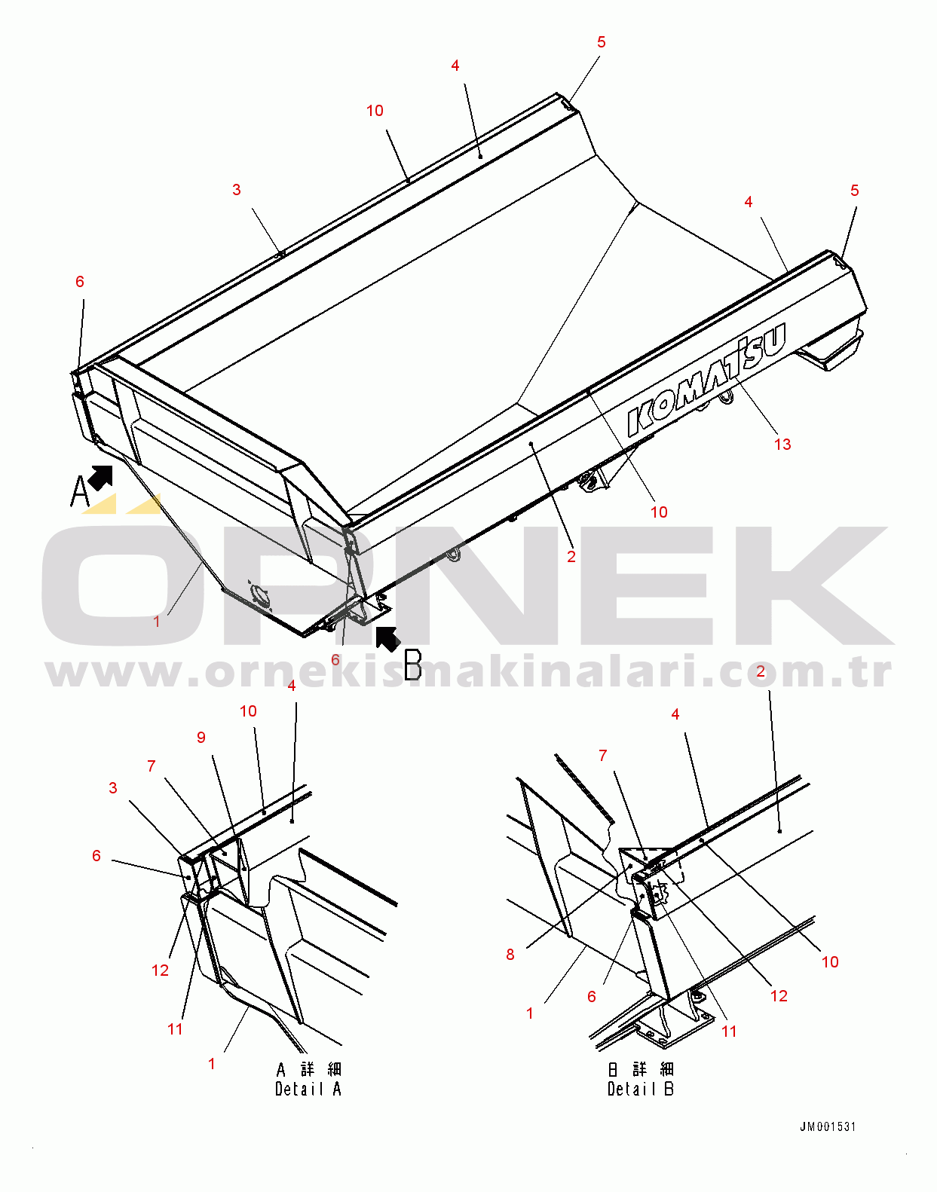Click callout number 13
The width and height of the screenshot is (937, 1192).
tap(782, 445)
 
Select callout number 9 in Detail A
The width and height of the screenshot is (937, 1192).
tap(201, 738)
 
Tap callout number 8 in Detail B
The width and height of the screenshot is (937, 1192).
tap(510, 955)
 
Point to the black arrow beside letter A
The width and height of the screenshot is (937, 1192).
tap(100, 478)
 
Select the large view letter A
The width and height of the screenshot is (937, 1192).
tap(80, 491)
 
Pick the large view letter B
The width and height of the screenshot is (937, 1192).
tap(413, 665)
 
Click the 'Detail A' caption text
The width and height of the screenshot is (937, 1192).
tap(308, 1089)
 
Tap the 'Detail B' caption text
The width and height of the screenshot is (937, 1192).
tap(641, 1089)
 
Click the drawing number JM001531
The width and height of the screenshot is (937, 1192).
tap(828, 1127)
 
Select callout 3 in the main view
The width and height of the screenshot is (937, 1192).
tap(237, 190)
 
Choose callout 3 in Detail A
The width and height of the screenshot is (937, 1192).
tap(113, 788)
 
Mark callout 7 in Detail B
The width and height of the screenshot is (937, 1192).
tap(603, 756)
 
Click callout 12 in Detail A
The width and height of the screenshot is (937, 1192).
tap(160, 970)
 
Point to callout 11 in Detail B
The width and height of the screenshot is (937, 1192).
tap(729, 1032)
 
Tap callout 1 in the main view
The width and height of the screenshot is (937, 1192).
tap(157, 622)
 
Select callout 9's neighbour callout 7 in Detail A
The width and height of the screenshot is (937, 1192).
tap(152, 766)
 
